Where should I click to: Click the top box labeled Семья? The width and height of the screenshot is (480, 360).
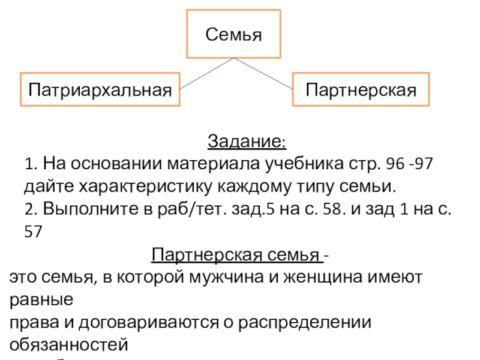(234, 34)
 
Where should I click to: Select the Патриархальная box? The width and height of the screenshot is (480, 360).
(100, 89)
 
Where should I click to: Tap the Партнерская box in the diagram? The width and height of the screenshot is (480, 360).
(361, 89)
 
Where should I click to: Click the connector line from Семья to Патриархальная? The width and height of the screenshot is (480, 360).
(207, 73)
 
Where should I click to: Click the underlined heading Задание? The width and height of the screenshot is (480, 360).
(247, 142)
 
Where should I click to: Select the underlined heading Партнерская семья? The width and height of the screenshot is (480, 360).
(236, 256)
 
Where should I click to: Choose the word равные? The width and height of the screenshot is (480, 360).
(41, 299)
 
